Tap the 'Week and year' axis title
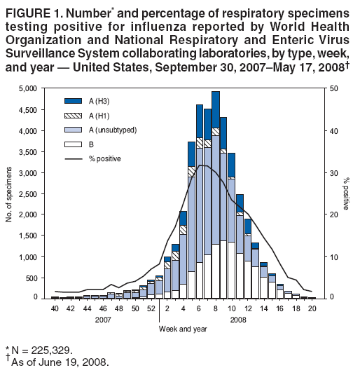[184, 328]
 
